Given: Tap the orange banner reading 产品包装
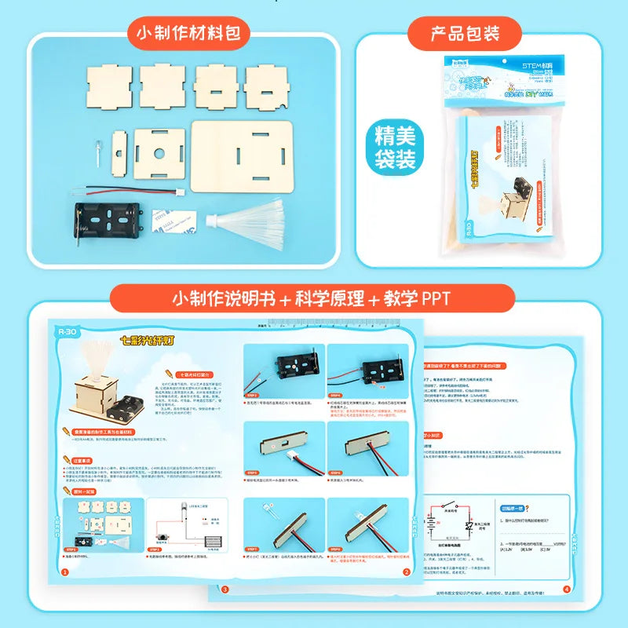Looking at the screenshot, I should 465,34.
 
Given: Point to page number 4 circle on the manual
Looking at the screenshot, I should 567,590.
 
